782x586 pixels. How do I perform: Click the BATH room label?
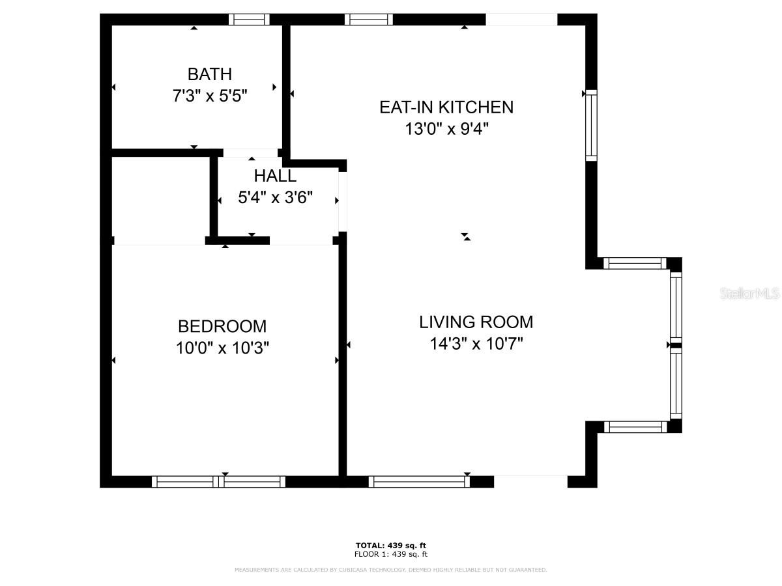pyautogui.click(x=209, y=74)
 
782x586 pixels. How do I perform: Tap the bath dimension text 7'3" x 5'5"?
pyautogui.click(x=210, y=96)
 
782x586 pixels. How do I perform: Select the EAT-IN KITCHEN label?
pyautogui.click(x=446, y=107)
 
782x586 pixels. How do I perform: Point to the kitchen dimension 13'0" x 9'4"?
pyautogui.click(x=446, y=128)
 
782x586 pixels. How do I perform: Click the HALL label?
pyautogui.click(x=275, y=176)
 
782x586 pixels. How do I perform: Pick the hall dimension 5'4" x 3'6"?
pyautogui.click(x=275, y=197)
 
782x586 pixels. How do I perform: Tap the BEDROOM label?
pyautogui.click(x=222, y=326)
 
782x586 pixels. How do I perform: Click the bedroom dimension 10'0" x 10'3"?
pyautogui.click(x=222, y=348)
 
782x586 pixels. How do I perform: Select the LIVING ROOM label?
pyautogui.click(x=476, y=322)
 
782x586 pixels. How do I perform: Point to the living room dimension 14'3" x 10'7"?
pyautogui.click(x=476, y=344)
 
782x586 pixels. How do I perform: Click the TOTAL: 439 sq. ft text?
pyautogui.click(x=390, y=546)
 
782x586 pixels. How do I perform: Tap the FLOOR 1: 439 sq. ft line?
pyautogui.click(x=390, y=554)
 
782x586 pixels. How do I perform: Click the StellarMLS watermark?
pyautogui.click(x=749, y=293)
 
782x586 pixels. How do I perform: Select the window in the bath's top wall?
pyautogui.click(x=249, y=20)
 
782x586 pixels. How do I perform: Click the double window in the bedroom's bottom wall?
pyautogui.click(x=218, y=482)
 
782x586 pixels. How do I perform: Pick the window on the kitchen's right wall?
pyautogui.click(x=592, y=125)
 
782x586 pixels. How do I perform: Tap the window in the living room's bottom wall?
pyautogui.click(x=419, y=482)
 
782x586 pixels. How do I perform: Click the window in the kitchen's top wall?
pyautogui.click(x=369, y=20)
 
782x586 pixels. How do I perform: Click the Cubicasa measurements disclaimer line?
pyautogui.click(x=390, y=570)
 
